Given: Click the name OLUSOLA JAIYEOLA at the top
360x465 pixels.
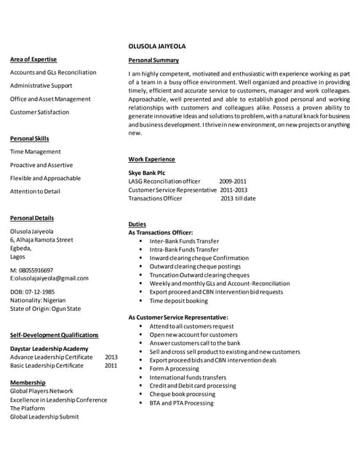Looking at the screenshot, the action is coord(156,46).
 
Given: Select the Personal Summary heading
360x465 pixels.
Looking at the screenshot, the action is coord(153,60).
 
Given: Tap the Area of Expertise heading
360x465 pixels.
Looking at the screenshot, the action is coord(33,59).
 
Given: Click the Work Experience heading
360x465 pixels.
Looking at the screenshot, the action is coord(151,159).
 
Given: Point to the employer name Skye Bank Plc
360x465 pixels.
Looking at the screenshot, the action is coord(146,172).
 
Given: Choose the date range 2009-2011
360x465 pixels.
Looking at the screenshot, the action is coord(233,181).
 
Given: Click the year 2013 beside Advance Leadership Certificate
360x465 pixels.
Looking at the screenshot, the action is coord(111,357).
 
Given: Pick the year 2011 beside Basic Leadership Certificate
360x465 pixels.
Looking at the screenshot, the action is coord(111,365).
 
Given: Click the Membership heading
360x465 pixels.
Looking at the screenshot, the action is coord(28,382).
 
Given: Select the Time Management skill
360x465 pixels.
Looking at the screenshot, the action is coord(36,151).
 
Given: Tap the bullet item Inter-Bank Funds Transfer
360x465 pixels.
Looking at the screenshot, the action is coord(184,240).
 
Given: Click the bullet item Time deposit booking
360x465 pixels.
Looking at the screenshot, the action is coord(178,301).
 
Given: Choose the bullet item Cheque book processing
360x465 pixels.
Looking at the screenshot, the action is coord(183,394).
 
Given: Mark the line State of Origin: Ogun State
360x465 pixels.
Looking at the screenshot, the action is coord(45,309).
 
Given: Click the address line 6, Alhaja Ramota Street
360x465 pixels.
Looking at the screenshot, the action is coord(41,239).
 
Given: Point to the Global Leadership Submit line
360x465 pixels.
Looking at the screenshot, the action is coord(44,417).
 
